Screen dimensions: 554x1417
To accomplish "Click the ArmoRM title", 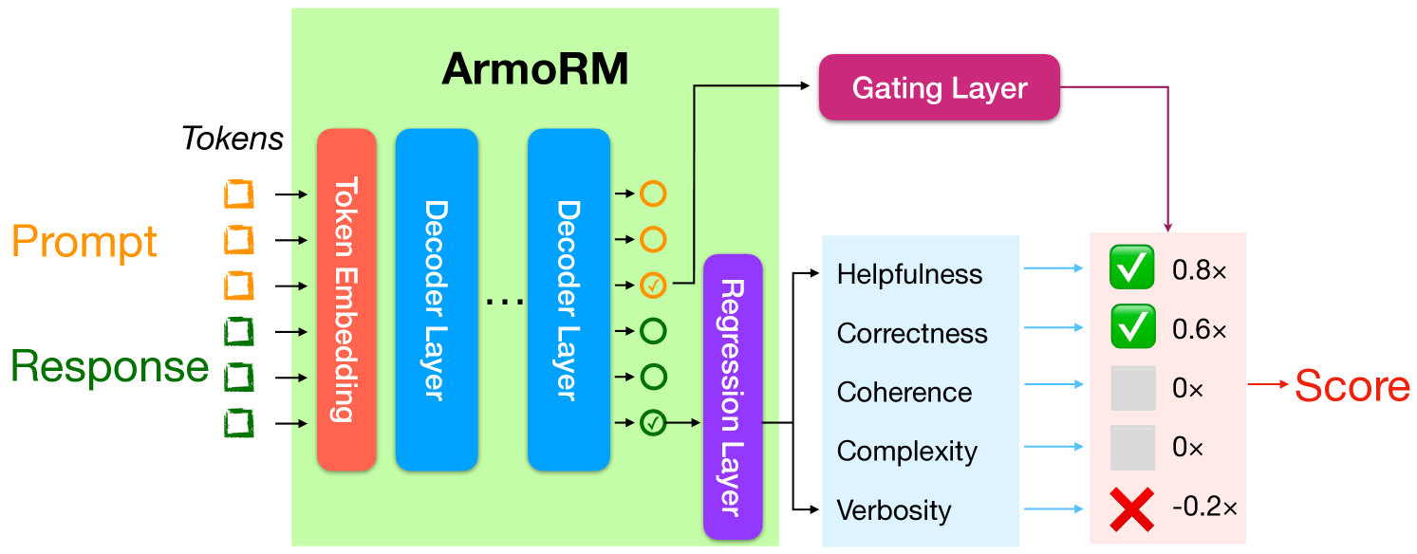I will [535, 69].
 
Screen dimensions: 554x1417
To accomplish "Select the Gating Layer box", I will [939, 88].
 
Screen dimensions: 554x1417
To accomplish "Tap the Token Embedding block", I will [346, 300].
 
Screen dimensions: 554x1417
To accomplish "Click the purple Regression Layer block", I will [733, 397].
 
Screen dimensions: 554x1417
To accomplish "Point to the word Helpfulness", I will [909, 274].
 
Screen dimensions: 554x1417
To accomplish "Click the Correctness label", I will [912, 333].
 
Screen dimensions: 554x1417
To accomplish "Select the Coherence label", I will [904, 392].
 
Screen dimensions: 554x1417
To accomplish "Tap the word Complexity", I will [906, 451].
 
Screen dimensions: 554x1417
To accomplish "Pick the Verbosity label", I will [893, 509].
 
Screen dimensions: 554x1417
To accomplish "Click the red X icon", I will [1132, 508].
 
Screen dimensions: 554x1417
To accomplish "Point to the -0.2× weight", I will [1203, 507].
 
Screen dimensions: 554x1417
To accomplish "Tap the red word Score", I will [1352, 386].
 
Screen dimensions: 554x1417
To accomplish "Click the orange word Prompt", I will [84, 242].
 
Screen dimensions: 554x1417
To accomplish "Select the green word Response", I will [109, 367].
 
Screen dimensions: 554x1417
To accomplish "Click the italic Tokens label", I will [233, 138].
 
